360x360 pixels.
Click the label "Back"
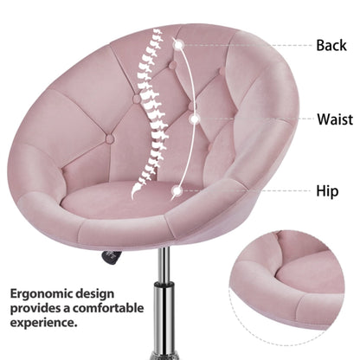pos(331,45)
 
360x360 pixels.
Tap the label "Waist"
pos(335,119)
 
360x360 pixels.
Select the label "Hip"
pos(327,191)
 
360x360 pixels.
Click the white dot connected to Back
pos(179,45)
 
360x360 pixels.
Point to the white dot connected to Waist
pos(195,119)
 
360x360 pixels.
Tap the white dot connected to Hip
pos(177,190)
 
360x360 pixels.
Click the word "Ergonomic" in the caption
pos(41,294)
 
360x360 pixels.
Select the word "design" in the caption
pos(94,293)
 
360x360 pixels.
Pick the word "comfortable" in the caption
pos(108,308)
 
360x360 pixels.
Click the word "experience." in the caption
pos(44,323)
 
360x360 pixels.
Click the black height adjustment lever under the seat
pos(111,257)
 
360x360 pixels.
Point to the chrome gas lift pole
pos(164,303)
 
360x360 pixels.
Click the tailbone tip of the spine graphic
pos(133,196)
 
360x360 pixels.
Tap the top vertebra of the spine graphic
pos(158,30)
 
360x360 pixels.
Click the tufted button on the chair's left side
pos(110,139)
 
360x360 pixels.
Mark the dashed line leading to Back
pos(247,45)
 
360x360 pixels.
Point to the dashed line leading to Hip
pos(246,190)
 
